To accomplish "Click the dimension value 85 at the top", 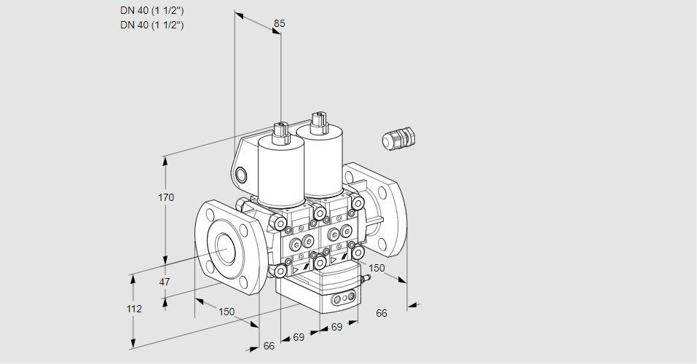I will click(279, 23).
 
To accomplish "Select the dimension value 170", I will click(166, 197).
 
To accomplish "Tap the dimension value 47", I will click(165, 282).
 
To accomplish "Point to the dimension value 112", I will click(134, 309).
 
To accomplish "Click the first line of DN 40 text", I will click(151, 10).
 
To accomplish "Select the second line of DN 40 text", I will click(151, 25).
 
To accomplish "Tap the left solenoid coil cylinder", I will click(280, 170).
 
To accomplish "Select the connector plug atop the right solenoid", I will click(317, 120).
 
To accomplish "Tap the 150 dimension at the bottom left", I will click(227, 312).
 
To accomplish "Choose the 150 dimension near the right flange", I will click(376, 268).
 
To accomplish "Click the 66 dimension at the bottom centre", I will click(269, 346).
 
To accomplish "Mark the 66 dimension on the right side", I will click(381, 313).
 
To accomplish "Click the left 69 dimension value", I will click(299, 337).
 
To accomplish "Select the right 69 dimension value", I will click(336, 327).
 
